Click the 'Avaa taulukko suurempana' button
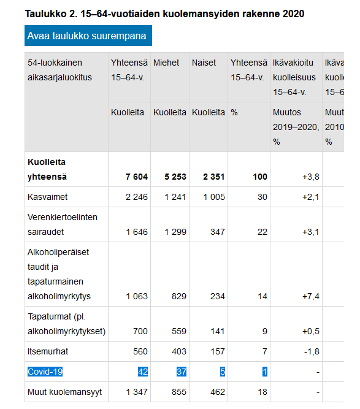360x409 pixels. [x=88, y=36]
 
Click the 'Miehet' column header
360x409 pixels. [x=166, y=63]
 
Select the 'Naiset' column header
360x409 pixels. [x=204, y=63]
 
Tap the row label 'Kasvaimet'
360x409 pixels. [x=48, y=197]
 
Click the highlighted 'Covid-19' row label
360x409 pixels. [x=45, y=371]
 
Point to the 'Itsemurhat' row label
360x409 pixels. [x=48, y=351]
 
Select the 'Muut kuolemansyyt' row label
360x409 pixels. [x=64, y=391]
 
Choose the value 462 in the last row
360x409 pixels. [x=217, y=391]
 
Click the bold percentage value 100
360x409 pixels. [x=260, y=177]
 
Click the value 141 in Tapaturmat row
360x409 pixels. [x=217, y=332]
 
